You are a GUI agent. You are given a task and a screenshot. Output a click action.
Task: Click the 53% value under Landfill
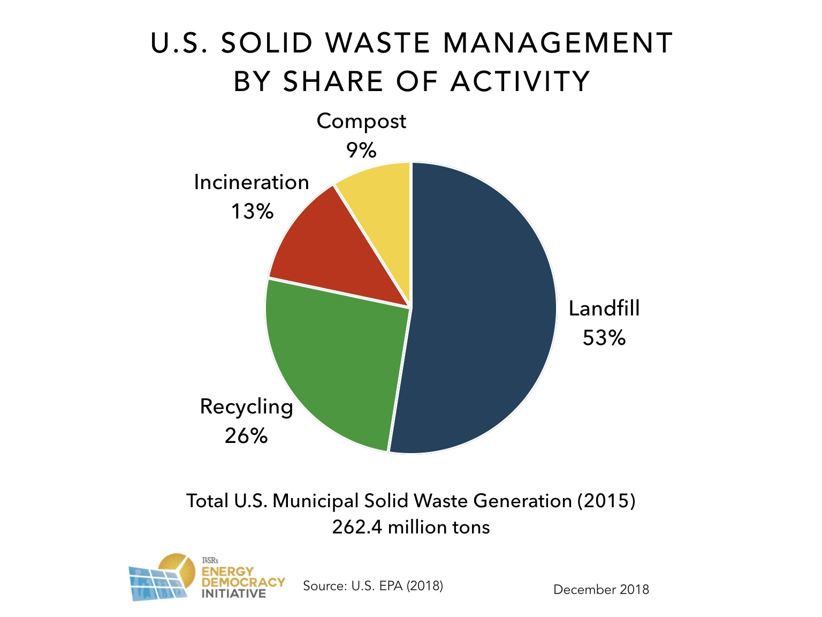click(x=604, y=338)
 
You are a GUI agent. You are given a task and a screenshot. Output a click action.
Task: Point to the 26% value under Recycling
click(x=246, y=436)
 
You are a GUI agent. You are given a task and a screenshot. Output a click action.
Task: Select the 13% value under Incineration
click(x=252, y=212)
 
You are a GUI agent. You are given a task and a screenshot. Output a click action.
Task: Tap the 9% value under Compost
click(x=361, y=150)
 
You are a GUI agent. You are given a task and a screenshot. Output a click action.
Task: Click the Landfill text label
click(x=604, y=308)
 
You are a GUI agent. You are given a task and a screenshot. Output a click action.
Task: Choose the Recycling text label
click(x=246, y=407)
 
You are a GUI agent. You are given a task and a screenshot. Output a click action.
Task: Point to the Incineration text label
click(x=252, y=183)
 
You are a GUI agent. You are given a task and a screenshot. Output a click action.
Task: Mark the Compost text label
click(x=361, y=121)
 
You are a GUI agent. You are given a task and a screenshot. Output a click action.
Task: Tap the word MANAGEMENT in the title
click(x=558, y=43)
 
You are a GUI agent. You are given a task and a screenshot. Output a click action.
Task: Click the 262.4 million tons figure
click(x=410, y=527)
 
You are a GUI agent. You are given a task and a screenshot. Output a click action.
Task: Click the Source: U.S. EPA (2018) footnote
click(x=373, y=585)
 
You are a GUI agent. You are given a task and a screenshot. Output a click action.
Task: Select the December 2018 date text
click(x=601, y=590)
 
